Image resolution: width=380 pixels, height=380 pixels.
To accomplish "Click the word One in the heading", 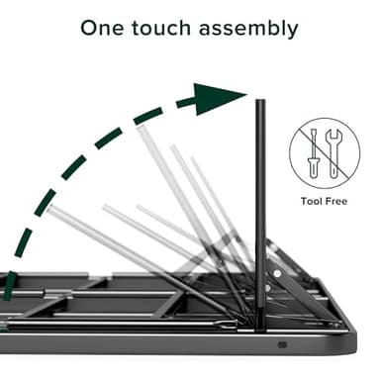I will [106, 28].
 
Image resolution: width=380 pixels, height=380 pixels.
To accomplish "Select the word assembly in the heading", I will [248, 29].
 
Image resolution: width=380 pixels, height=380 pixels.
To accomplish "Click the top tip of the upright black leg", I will [261, 100].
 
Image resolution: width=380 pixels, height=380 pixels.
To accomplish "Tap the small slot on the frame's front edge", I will [283, 345].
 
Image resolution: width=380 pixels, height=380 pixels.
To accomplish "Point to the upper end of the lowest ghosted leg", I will [51, 210].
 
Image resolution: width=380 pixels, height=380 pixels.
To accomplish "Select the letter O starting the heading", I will [91, 28].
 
